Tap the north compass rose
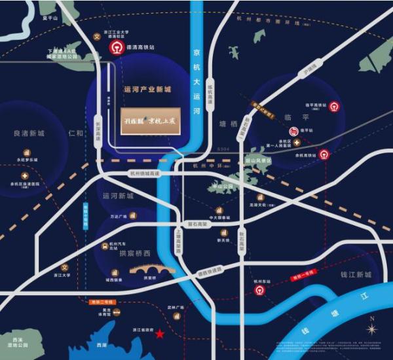point(372,328)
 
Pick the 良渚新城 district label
point(29,133)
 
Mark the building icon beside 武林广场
point(176,317)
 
